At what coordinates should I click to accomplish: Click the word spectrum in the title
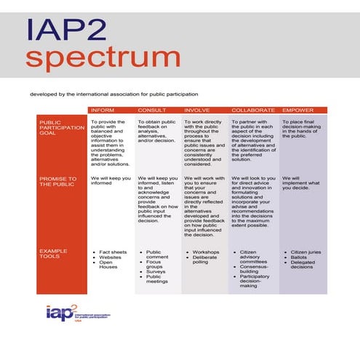(103, 58)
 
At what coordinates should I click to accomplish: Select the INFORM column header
(101, 110)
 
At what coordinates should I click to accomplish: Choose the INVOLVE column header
(199, 110)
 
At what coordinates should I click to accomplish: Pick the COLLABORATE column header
(252, 110)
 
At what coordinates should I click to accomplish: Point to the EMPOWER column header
(299, 110)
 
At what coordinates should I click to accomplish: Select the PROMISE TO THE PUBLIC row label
(58, 181)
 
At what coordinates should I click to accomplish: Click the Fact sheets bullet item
(113, 252)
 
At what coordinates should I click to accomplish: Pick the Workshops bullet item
(205, 252)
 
